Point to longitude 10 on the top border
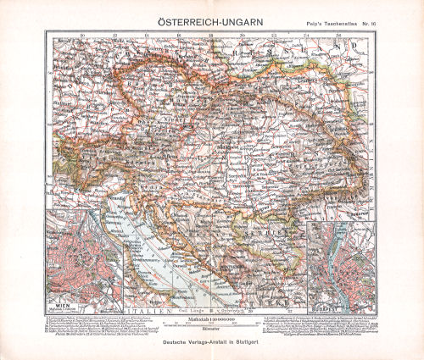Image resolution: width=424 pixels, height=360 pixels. point(81,36)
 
